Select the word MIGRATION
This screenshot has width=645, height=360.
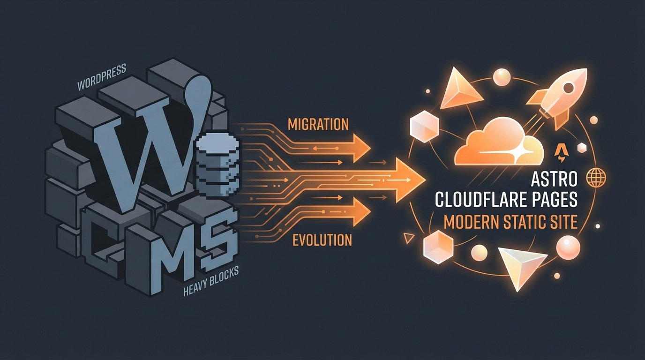tap(318, 124)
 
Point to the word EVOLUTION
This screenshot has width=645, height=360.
tap(322, 240)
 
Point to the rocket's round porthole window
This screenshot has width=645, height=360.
tap(568, 87)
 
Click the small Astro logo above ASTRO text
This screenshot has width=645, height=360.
tap(561, 151)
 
